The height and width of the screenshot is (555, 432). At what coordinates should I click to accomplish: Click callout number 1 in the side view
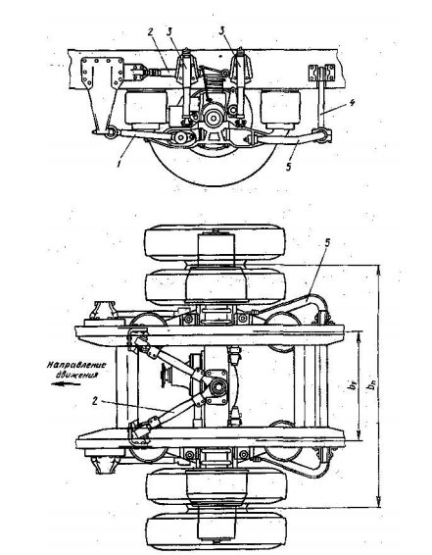coord(120,164)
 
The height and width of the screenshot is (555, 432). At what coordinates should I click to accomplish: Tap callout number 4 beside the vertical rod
coord(352,103)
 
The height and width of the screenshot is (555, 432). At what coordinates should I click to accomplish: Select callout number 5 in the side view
coord(289,166)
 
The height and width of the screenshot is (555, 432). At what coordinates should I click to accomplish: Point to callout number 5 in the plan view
coord(327,243)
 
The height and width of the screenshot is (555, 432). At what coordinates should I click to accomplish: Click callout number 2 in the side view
coord(150,31)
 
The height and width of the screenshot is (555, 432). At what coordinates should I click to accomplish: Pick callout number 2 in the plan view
coord(94,401)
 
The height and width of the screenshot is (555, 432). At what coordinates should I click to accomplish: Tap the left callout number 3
coord(169,31)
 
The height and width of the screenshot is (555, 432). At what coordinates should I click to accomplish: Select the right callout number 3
coord(222,31)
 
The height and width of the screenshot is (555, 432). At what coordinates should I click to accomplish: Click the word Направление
coord(76,365)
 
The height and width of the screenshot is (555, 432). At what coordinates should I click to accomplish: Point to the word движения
coord(76,375)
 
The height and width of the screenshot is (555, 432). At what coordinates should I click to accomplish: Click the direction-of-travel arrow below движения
coord(66,384)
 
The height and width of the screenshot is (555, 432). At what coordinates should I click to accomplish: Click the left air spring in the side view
coord(146,108)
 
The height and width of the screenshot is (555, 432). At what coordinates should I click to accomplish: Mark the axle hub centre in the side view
coord(213,119)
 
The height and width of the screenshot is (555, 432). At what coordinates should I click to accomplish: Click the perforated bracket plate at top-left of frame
coord(102,73)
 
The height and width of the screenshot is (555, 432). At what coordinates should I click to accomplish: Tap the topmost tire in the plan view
coord(215,243)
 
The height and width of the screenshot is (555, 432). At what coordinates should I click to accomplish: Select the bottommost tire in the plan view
coord(216,531)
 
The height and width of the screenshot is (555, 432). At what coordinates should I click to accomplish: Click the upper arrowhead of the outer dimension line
coord(379,270)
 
